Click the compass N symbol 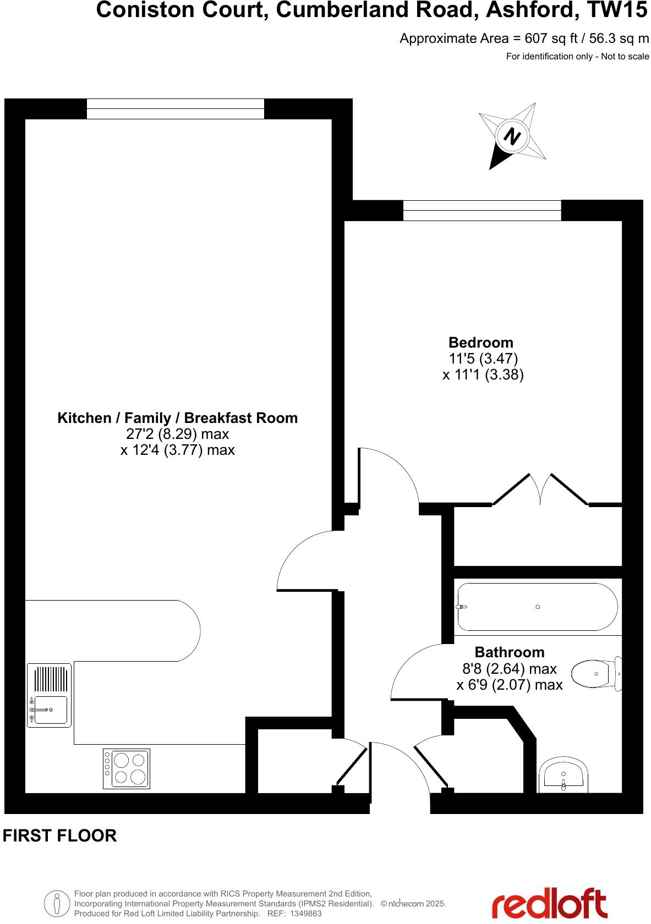click(512, 135)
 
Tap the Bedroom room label click(480, 343)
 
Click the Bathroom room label click(509, 652)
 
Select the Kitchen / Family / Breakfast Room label click(177, 418)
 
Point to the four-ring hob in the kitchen click(127, 768)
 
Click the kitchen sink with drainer click(49, 695)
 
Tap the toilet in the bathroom click(595, 673)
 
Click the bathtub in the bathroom click(537, 607)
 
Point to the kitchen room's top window click(175, 108)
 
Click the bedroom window click(482, 210)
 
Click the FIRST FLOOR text click(60, 835)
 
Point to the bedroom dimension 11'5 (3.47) click(483, 359)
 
